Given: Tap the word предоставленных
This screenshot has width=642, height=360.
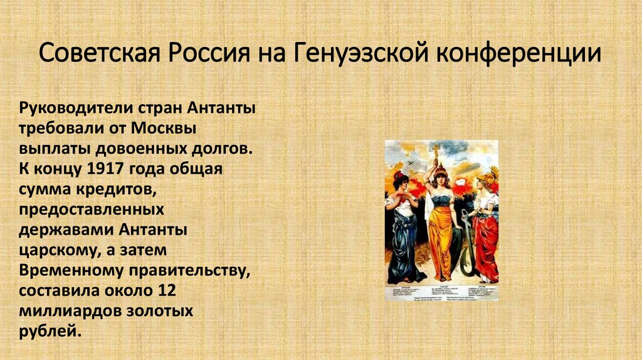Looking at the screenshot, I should tap(92, 210).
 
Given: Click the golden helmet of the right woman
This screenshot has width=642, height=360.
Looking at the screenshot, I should tap(485, 178).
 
